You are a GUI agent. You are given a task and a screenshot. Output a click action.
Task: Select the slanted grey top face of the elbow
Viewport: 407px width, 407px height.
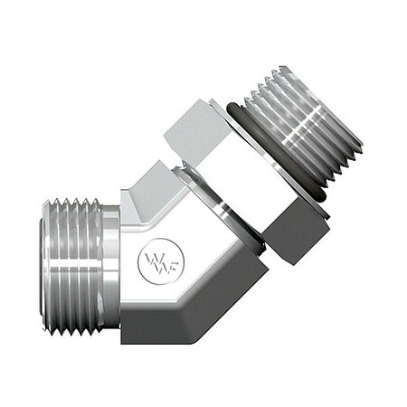(149, 194)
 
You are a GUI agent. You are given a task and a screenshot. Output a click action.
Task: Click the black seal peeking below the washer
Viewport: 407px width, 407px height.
(257, 244)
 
